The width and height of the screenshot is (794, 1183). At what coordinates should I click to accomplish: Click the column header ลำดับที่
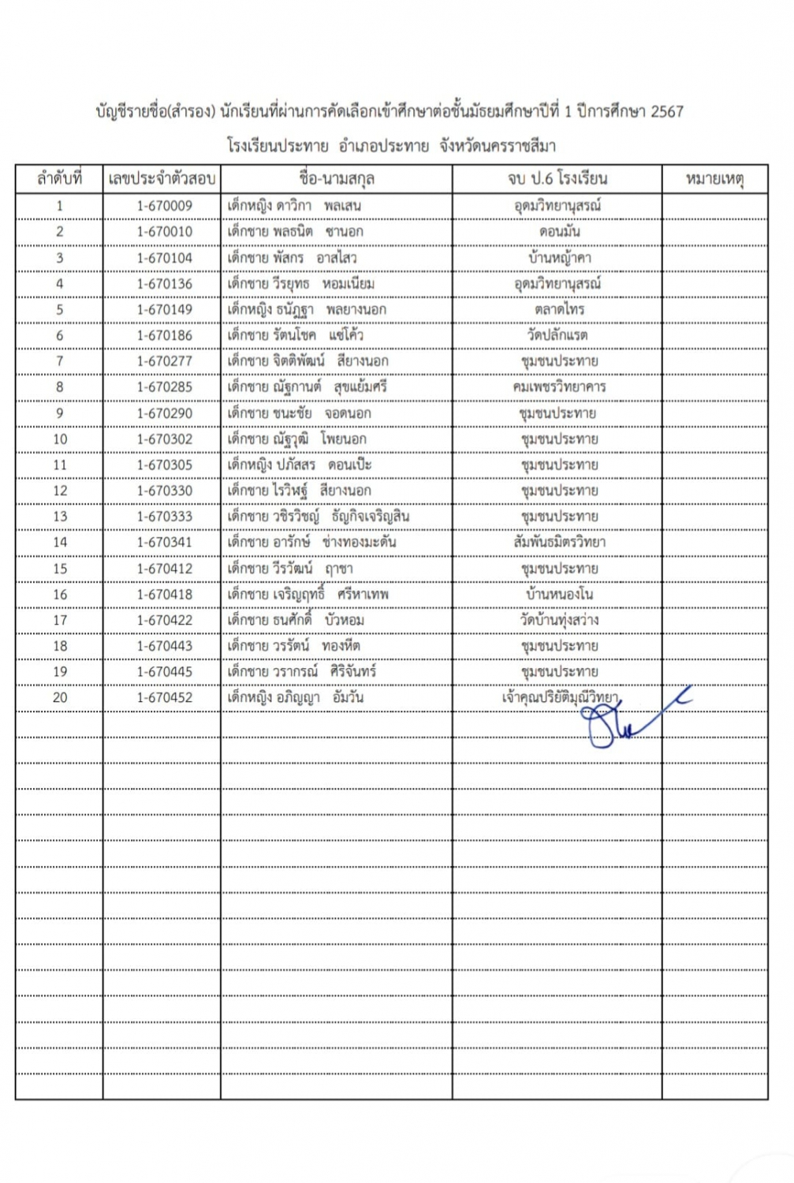(59, 179)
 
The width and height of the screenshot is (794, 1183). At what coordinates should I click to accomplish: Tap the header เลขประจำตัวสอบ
(162, 179)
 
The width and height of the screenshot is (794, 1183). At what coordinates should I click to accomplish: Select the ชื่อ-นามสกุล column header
(337, 179)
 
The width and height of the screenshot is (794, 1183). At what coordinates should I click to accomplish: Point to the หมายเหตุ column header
(714, 179)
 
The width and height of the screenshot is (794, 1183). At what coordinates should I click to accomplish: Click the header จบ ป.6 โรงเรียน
(557, 179)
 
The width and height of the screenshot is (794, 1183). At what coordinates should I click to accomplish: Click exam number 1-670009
(164, 206)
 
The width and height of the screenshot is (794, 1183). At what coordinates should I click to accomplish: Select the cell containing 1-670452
(164, 697)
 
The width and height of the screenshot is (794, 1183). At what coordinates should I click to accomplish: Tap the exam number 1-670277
(164, 361)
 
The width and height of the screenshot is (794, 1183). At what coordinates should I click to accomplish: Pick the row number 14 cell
(60, 542)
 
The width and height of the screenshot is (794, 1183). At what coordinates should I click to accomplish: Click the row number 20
(60, 697)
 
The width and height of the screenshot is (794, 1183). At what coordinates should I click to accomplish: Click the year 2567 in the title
(667, 112)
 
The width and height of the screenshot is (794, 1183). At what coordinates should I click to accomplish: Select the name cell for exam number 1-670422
(296, 620)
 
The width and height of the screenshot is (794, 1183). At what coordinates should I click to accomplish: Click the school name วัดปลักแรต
(557, 335)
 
